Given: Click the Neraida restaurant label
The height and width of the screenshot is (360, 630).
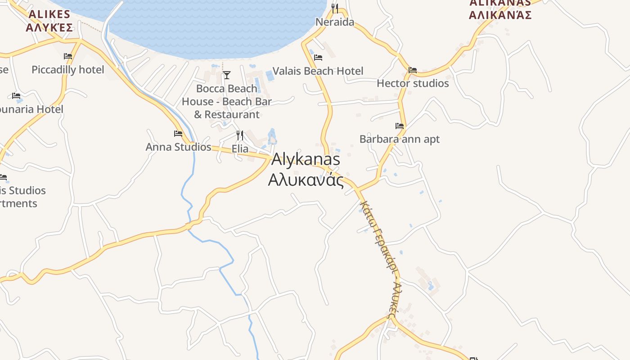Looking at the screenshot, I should [335, 22].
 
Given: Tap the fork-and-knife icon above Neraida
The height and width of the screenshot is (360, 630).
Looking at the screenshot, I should [334, 8].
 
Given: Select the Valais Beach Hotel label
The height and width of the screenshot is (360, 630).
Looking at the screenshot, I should [318, 71].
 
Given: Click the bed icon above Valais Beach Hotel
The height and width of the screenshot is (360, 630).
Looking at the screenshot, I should [318, 58].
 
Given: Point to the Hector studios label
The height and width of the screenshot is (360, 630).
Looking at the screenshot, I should [413, 83].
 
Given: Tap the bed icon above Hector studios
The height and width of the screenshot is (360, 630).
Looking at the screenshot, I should [413, 70].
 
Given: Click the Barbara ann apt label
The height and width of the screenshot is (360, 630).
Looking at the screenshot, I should [400, 139].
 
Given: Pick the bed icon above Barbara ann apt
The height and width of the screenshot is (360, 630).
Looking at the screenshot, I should [400, 126].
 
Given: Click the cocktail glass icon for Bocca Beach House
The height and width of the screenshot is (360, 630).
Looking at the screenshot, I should [227, 75].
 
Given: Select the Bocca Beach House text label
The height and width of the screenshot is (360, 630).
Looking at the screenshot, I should [227, 101].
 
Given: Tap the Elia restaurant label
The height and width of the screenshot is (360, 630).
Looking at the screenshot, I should [240, 148].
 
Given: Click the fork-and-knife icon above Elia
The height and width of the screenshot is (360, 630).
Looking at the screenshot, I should [240, 135].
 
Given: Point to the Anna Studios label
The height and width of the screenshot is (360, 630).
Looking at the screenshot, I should [178, 147].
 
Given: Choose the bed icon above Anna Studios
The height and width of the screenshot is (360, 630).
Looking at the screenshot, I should [178, 134].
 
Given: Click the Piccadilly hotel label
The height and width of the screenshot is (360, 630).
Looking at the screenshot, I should [68, 70].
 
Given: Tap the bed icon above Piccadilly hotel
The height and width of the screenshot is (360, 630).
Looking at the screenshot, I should [68, 56].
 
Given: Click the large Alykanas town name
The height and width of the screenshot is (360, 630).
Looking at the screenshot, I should [306, 159].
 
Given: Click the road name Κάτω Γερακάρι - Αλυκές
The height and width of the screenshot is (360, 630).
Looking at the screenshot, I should [380, 259].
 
